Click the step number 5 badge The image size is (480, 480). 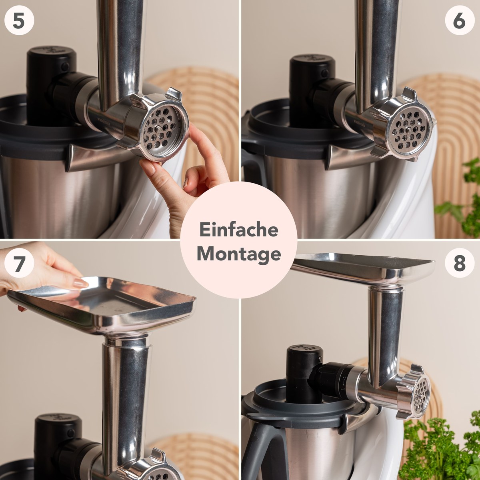pyautogui.click(x=19, y=21)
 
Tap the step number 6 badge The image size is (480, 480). pyautogui.click(x=460, y=21)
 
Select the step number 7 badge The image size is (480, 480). pyautogui.click(x=19, y=263)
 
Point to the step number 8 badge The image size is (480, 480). pyautogui.click(x=460, y=263)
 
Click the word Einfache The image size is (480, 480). pyautogui.click(x=239, y=230)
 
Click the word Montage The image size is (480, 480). pyautogui.click(x=239, y=254)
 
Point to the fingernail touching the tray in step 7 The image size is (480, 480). pyautogui.click(x=80, y=282)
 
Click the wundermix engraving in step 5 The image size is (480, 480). pyautogui.click(x=102, y=122)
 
